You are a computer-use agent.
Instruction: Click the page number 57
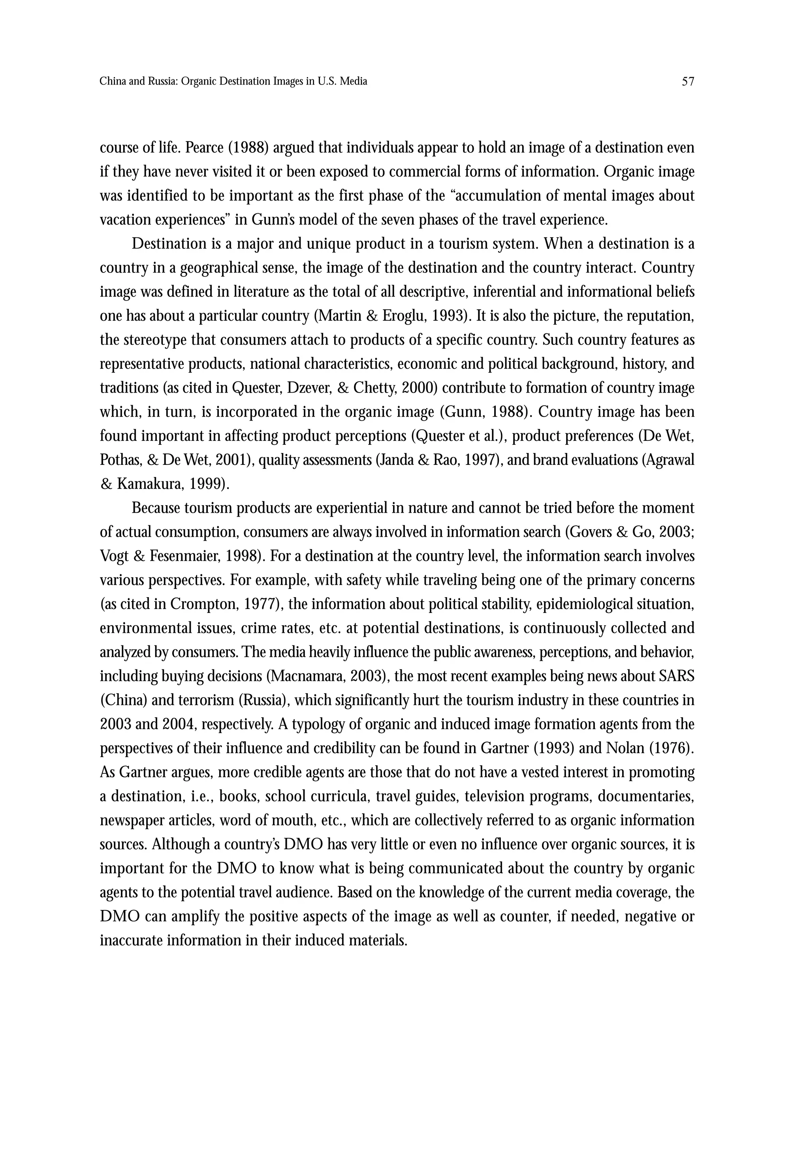pyautogui.click(x=688, y=81)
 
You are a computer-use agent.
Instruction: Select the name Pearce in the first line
pyautogui.click(x=204, y=148)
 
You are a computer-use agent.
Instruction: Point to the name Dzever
pyautogui.click(x=303, y=388)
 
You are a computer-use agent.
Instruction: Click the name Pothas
pyautogui.click(x=120, y=461)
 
